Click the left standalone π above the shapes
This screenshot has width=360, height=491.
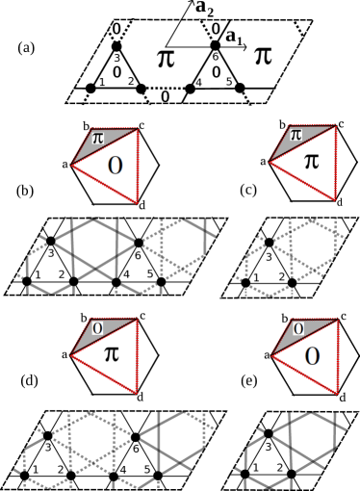pyautogui.click(x=166, y=59)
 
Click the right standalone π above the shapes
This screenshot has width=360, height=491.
pyautogui.click(x=263, y=56)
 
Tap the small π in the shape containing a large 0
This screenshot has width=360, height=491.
pyautogui.click(x=98, y=138)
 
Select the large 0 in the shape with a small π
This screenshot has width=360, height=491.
pyautogui.click(x=116, y=165)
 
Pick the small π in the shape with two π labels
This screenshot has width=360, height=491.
pyautogui.click(x=296, y=135)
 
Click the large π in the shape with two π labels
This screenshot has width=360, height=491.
pyautogui.click(x=312, y=161)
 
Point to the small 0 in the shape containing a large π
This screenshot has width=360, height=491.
pyautogui.click(x=97, y=327)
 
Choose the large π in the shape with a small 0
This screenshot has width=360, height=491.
pyautogui.click(x=112, y=353)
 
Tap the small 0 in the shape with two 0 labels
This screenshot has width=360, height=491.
pyautogui.click(x=298, y=328)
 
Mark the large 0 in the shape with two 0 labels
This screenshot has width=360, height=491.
pyautogui.click(x=313, y=356)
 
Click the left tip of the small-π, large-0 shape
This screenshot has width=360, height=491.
pyautogui.click(x=71, y=165)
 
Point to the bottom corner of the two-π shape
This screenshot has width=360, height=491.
pyautogui.click(x=334, y=199)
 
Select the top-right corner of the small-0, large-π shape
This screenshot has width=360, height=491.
pyautogui.click(x=138, y=320)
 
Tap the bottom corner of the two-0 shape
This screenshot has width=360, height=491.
pyautogui.click(x=337, y=393)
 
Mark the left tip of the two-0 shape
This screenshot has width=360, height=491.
pyautogui.click(x=271, y=356)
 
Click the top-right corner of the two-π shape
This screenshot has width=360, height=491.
pyautogui.click(x=336, y=126)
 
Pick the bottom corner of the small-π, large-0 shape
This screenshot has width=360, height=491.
pyautogui.click(x=138, y=202)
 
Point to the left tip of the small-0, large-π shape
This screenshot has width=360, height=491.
pyautogui.click(x=71, y=355)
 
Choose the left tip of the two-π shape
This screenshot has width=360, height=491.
pyautogui.click(x=270, y=161)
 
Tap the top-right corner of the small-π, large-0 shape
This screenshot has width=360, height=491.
pyautogui.click(x=138, y=129)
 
